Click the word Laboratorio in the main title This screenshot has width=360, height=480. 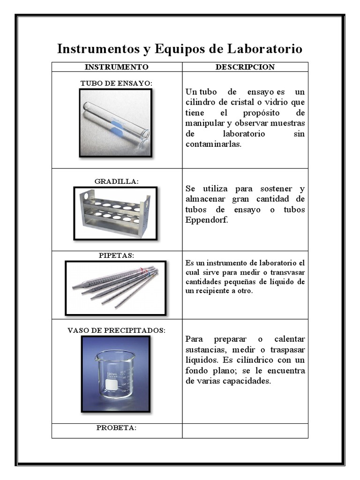coord(265,49)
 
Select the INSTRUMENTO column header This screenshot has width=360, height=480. coord(117,67)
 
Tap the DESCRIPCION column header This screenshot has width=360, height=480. coord(245,67)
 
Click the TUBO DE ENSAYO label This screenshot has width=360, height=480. coord(117,83)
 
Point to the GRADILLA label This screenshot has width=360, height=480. coord(117,181)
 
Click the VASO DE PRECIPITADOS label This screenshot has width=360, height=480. coord(117,330)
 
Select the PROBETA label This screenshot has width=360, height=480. coord(117,427)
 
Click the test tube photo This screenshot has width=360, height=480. coord(116,122)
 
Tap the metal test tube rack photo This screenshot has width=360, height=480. coord(115,213)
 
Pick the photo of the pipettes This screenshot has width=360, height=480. coord(115,287)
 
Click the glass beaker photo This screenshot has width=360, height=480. coord(115,374)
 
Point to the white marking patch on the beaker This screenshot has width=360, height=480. coord(111,384)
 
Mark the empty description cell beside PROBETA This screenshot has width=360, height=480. coord(245,430)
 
